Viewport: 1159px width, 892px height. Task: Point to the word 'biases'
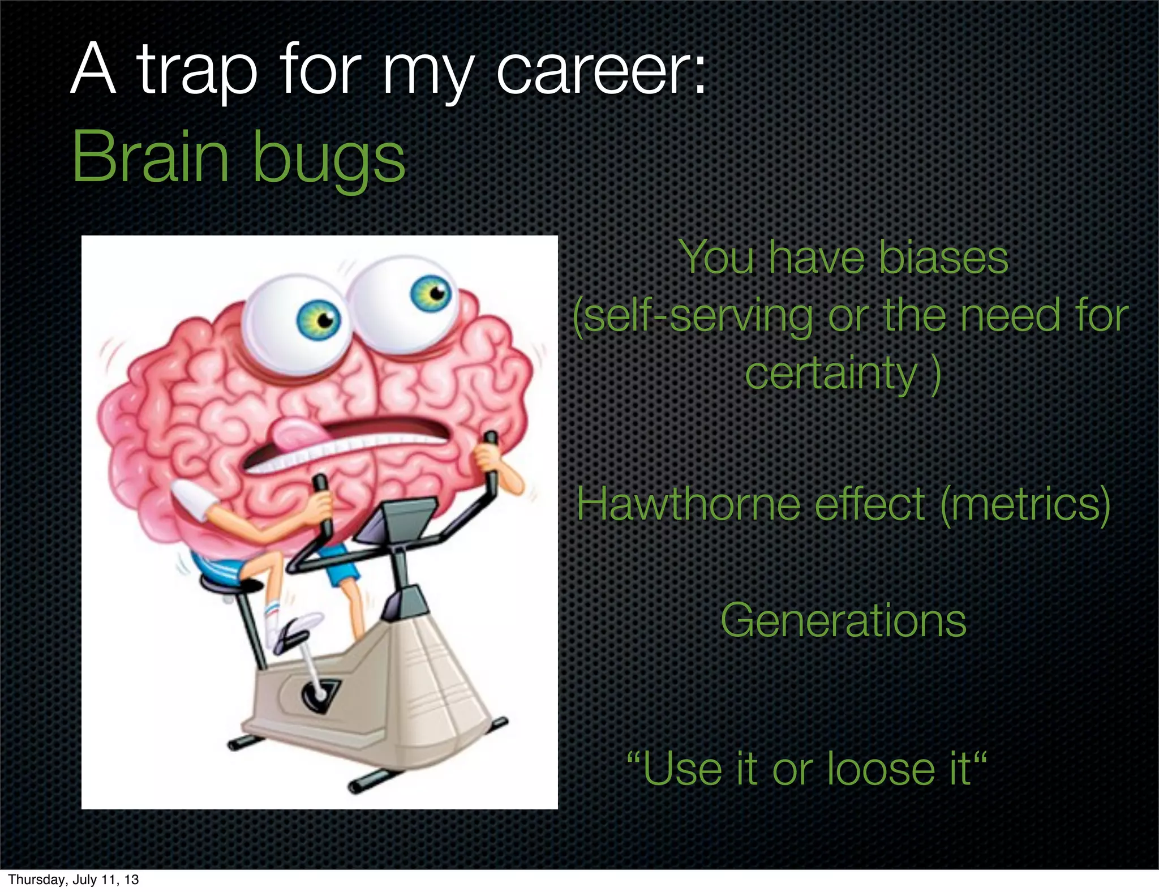click(x=943, y=258)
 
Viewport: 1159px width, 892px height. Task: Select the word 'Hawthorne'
click(x=688, y=504)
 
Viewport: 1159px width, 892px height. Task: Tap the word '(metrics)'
click(x=1025, y=504)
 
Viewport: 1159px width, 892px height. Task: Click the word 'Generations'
click(x=843, y=621)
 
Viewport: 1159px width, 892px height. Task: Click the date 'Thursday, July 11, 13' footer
click(x=74, y=880)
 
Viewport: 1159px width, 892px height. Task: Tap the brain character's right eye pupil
click(x=436, y=293)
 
